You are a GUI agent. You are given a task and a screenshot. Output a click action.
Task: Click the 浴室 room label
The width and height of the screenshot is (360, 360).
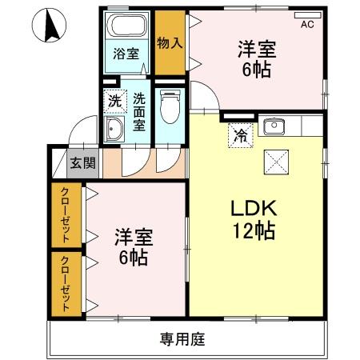point(126,54)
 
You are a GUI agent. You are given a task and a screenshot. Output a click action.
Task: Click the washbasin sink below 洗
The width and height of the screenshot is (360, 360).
point(114,131)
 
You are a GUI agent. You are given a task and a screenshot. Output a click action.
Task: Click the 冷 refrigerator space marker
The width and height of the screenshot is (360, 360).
point(239,134)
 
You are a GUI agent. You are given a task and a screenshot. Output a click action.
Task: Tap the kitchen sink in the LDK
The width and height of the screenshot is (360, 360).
point(274,126)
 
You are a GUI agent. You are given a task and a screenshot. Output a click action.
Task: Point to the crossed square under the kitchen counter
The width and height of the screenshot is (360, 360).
point(277,162)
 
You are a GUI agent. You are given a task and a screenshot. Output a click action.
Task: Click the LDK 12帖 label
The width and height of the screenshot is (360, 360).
point(254,218)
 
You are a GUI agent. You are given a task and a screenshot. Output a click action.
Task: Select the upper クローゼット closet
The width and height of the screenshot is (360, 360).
point(67,215)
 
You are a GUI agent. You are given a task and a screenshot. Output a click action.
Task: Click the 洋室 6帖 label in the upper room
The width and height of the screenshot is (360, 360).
point(256,58)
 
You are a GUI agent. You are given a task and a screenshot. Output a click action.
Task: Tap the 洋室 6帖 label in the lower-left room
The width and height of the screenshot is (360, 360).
point(134,247)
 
